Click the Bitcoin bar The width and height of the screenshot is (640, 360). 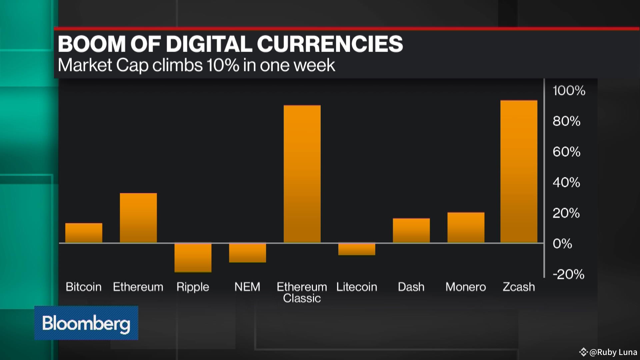tap(84, 233)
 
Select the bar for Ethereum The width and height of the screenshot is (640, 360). tap(138, 218)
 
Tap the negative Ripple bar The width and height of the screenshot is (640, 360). tap(193, 257)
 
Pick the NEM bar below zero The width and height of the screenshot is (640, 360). tap(247, 253)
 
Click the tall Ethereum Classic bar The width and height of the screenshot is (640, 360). tap(302, 174)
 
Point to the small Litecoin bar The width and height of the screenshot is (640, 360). tap(357, 249)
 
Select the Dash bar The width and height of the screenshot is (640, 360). tap(411, 230)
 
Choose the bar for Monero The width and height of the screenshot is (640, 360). tap(466, 227)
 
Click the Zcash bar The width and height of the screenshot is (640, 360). tap(519, 171)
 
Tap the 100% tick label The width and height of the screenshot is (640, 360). tap(569, 91)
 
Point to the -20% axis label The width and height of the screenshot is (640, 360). tap(568, 274)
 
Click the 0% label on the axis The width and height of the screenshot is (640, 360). tap(562, 244)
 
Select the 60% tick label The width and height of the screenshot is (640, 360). tap(566, 152)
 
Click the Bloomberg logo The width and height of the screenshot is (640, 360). tap(86, 323)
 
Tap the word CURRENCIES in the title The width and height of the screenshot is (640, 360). tap(330, 44)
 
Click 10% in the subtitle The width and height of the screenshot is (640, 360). tap(222, 65)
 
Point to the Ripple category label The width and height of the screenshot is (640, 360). tap(193, 287)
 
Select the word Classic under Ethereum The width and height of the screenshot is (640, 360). tap(302, 298)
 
